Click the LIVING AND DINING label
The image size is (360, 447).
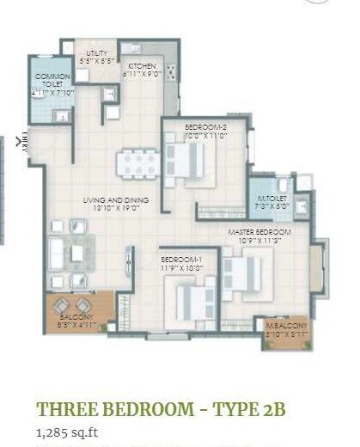[x=116, y=200]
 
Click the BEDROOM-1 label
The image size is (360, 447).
[x=180, y=258]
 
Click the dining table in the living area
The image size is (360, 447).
[x=137, y=162]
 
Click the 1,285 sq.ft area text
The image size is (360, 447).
[x=66, y=432]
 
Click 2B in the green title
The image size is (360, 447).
[x=273, y=409]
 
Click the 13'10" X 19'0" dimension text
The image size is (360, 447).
[x=116, y=209]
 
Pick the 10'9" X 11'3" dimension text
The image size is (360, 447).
[x=259, y=241]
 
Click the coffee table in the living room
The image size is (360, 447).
[x=76, y=254]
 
